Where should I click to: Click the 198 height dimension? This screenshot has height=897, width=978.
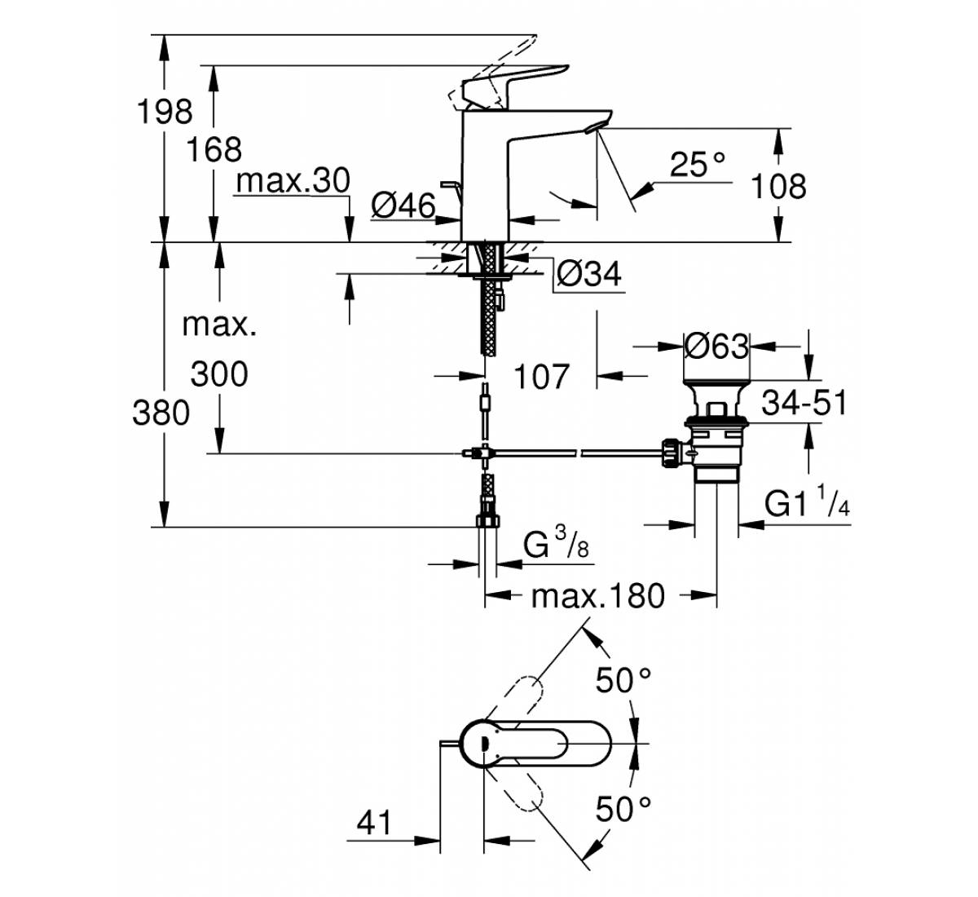pos(165,112)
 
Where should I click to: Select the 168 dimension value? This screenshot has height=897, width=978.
pos(214,149)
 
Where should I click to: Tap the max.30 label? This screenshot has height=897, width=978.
pos(293,180)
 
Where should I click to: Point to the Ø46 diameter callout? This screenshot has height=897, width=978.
pos(403,205)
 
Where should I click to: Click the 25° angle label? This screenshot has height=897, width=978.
pos(698,164)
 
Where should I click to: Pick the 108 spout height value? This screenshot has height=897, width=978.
pos(778,186)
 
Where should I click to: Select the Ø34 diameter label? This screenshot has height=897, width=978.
pos(589,274)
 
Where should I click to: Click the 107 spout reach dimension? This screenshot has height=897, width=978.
pos(542,376)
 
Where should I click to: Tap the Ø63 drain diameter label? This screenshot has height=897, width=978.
pos(716,347)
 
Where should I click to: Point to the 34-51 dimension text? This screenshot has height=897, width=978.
pos(804,403)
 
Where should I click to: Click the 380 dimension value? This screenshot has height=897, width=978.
pos(161,413)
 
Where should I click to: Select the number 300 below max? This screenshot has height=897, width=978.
pos(219,374)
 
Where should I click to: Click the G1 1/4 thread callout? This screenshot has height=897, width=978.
pos(807,502)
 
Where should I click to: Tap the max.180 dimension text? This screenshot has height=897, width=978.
pos(598,596)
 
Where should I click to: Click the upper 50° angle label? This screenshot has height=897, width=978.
pos(623,680)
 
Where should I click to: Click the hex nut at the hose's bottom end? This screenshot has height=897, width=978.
pos(487,519)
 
